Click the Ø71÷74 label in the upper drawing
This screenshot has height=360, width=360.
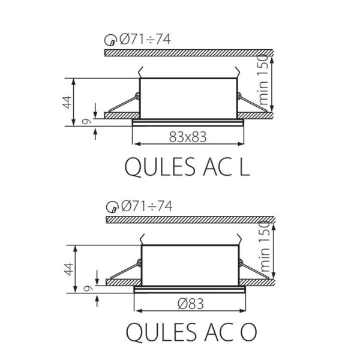click(146, 40)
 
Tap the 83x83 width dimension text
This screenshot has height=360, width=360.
click(187, 137)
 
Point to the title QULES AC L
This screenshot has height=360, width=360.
click(187, 166)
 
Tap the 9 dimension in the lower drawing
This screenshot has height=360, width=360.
click(88, 289)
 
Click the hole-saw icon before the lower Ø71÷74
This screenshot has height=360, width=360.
click(111, 208)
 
